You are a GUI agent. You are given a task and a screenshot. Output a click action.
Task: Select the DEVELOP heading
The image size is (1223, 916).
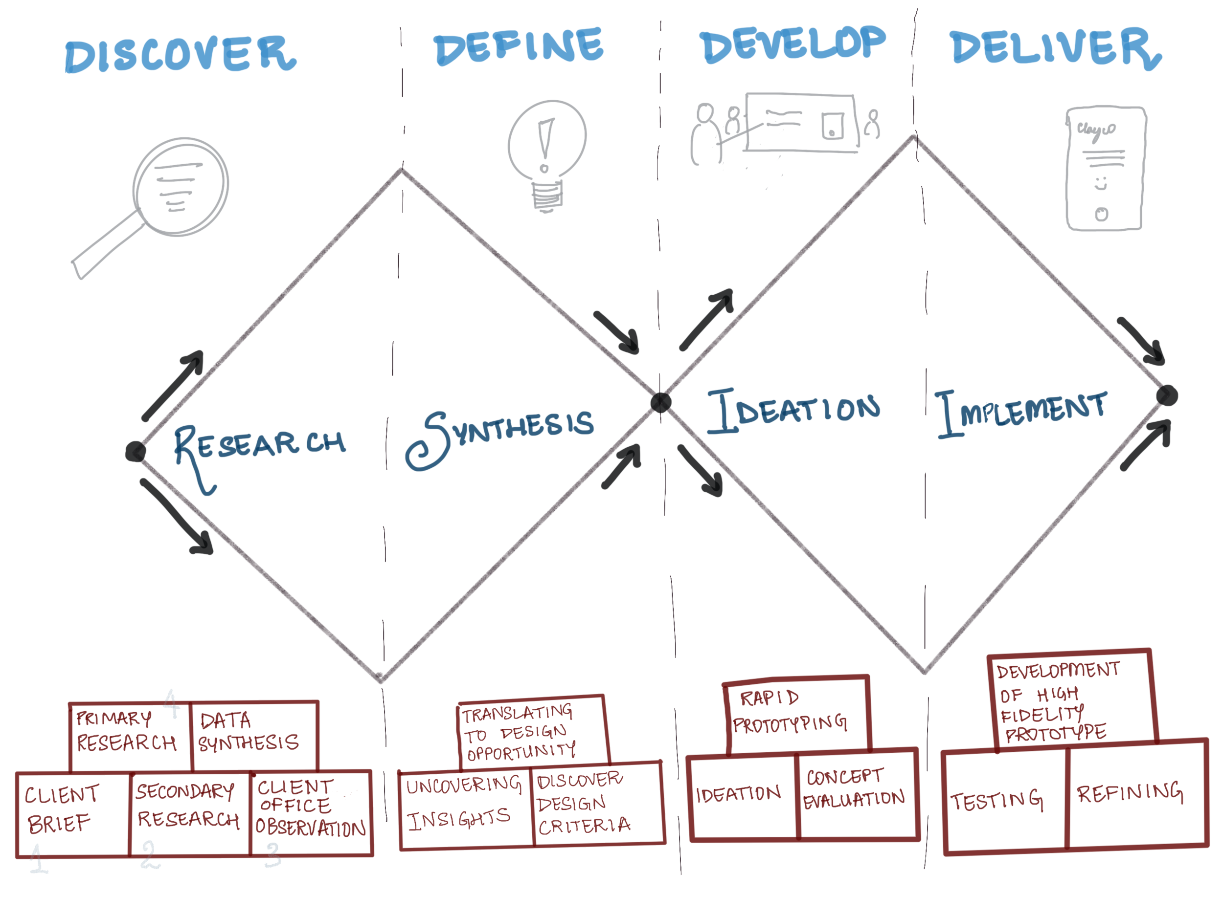[793, 44]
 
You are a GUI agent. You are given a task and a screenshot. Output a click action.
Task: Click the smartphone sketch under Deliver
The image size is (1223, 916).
[1105, 168]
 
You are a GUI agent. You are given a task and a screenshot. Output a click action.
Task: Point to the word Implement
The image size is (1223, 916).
[1020, 412]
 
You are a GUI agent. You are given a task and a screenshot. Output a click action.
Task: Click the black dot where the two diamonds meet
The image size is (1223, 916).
[661, 403]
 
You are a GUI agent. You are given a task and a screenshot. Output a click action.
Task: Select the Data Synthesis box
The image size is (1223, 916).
[254, 735]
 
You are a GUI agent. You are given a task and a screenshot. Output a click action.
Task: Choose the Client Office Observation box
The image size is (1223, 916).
[311, 812]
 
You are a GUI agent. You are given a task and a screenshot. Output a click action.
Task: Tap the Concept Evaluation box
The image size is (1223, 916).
[855, 793]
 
